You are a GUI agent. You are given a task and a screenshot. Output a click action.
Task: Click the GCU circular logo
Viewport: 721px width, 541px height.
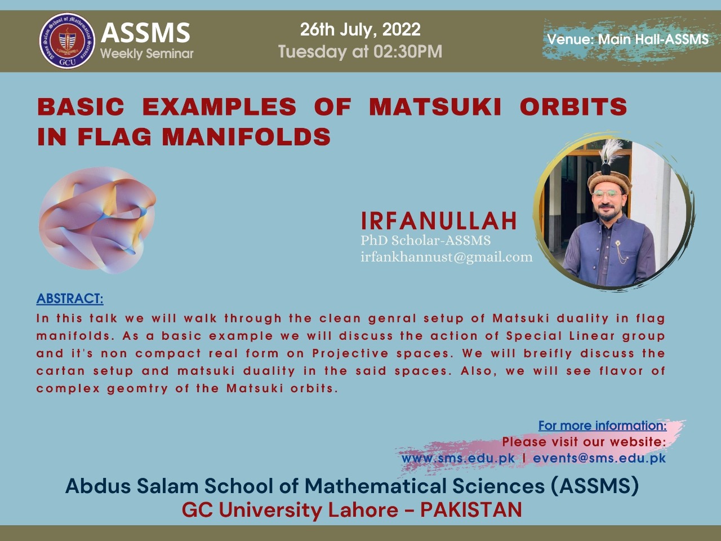tap(68, 41)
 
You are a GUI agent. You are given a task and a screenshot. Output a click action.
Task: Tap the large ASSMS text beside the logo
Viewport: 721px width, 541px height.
tap(145, 33)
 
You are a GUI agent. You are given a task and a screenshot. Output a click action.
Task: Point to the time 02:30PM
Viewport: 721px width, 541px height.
tap(408, 52)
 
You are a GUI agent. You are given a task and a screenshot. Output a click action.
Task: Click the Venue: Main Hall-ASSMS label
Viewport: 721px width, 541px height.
tap(627, 39)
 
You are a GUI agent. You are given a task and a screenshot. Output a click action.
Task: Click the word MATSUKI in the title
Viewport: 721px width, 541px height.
tap(435, 107)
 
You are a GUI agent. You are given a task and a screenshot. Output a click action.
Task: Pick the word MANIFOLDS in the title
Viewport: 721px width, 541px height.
tap(246, 136)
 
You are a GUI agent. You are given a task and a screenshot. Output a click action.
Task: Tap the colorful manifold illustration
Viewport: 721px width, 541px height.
tap(97, 220)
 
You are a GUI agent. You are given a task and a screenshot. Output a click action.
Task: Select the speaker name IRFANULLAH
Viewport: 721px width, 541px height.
tap(439, 221)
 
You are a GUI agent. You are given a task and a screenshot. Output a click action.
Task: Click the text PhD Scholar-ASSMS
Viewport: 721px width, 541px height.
tap(426, 241)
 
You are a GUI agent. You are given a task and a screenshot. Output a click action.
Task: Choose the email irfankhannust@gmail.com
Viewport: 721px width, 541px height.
tap(447, 257)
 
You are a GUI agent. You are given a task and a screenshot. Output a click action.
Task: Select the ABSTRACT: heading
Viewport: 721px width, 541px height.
tap(70, 299)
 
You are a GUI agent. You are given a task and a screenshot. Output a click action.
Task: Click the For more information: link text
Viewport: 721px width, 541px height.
tap(602, 425)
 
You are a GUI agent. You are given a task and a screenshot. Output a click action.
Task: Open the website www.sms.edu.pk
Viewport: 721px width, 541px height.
tap(458, 458)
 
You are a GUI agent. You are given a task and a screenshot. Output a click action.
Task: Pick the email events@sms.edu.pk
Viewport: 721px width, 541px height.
tap(599, 458)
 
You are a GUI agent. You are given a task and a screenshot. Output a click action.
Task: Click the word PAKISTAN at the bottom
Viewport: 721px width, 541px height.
tap(471, 510)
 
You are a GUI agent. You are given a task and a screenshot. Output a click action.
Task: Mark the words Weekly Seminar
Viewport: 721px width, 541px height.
tap(147, 54)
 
